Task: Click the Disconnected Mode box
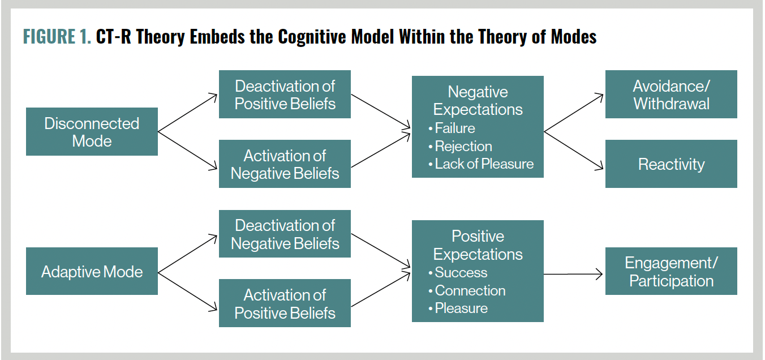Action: (x=92, y=132)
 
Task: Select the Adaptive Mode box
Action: (x=92, y=272)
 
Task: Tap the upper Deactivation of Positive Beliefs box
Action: (x=285, y=95)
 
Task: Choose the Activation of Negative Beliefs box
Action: (x=285, y=164)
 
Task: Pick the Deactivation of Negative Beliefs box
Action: (x=285, y=234)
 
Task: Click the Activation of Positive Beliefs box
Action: (x=285, y=304)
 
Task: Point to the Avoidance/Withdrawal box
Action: (x=671, y=95)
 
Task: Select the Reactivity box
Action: (x=671, y=164)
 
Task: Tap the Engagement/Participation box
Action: (x=671, y=272)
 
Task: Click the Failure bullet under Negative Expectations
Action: (x=454, y=128)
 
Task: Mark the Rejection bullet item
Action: (x=463, y=146)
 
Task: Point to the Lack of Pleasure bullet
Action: (x=484, y=164)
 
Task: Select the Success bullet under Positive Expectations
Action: (x=461, y=273)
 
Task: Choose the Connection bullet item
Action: (x=470, y=291)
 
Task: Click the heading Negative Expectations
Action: (x=478, y=101)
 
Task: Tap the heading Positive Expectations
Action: (x=478, y=245)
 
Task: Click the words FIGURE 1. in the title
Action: (x=57, y=37)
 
